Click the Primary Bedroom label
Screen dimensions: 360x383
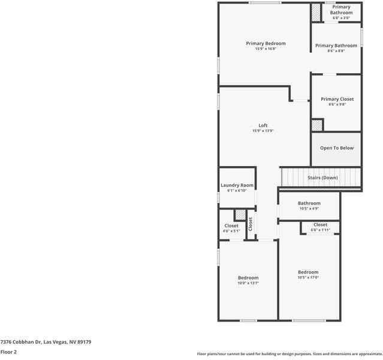click(266, 43)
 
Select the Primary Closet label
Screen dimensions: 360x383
click(337, 99)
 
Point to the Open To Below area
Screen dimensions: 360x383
click(336, 148)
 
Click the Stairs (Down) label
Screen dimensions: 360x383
click(322, 178)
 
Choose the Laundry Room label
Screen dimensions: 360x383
click(237, 186)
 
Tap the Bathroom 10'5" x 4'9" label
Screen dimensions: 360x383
click(309, 203)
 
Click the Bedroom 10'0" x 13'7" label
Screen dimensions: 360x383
click(248, 278)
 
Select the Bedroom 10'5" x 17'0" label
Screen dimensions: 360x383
click(308, 272)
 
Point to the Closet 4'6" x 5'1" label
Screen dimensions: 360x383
click(231, 226)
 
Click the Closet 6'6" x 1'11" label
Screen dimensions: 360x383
click(320, 225)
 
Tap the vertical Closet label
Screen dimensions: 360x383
click(251, 224)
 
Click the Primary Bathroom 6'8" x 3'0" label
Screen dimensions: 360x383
click(342, 10)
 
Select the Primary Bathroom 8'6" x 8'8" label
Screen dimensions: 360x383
click(336, 46)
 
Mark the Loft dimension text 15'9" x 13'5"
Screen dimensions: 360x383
click(263, 131)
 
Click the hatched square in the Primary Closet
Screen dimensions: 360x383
click(317, 125)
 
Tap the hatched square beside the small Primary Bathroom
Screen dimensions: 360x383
click(316, 13)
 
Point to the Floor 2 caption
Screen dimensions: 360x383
click(8, 352)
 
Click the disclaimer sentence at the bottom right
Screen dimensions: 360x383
click(289, 354)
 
